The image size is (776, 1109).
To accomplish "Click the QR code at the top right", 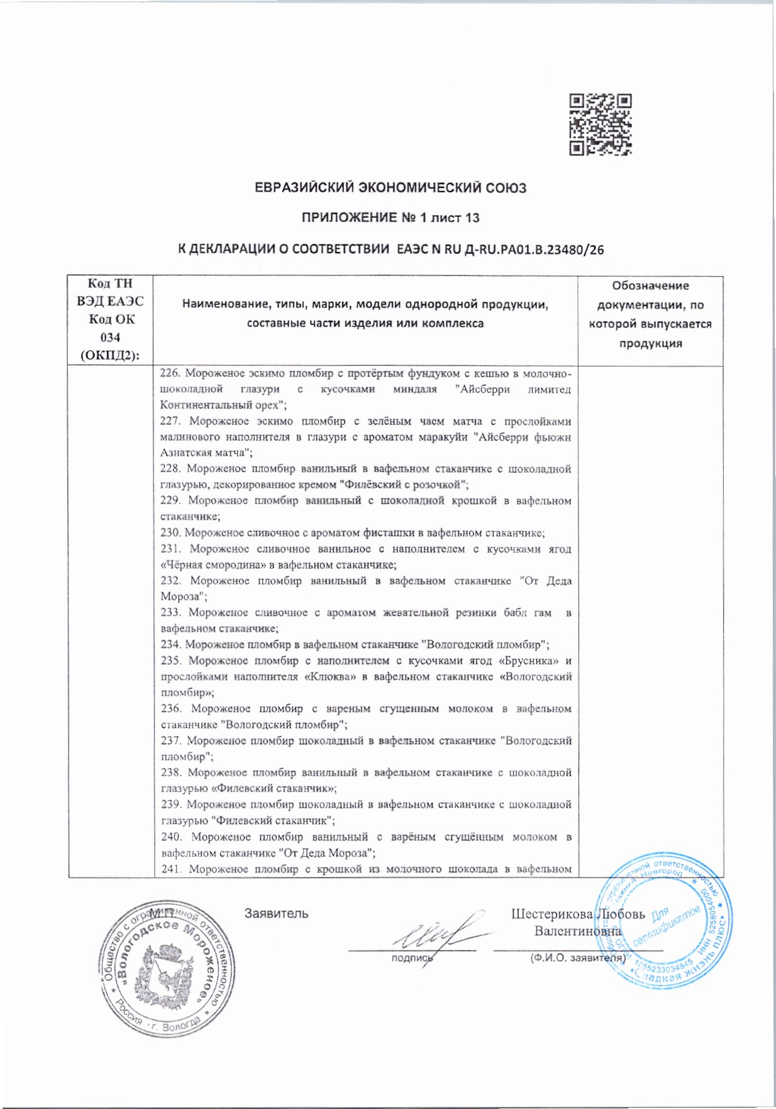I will click(x=600, y=124).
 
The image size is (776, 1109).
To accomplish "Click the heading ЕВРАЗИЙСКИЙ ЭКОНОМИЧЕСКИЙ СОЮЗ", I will click(x=390, y=188).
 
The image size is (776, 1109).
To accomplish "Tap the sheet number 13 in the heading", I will click(x=472, y=218).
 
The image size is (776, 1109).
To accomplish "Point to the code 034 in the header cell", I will click(x=110, y=338).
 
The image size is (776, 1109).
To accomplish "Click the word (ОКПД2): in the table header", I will click(x=110, y=355).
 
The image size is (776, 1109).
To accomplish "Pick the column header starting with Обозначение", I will click(x=650, y=286).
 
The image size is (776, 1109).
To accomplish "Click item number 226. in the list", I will click(x=170, y=373).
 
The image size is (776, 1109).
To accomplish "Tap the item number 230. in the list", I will click(x=170, y=533).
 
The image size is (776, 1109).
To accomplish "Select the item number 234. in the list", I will click(x=171, y=644).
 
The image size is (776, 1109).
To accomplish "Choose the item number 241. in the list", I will click(x=172, y=869).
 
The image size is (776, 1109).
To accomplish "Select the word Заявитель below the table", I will click(x=276, y=913).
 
